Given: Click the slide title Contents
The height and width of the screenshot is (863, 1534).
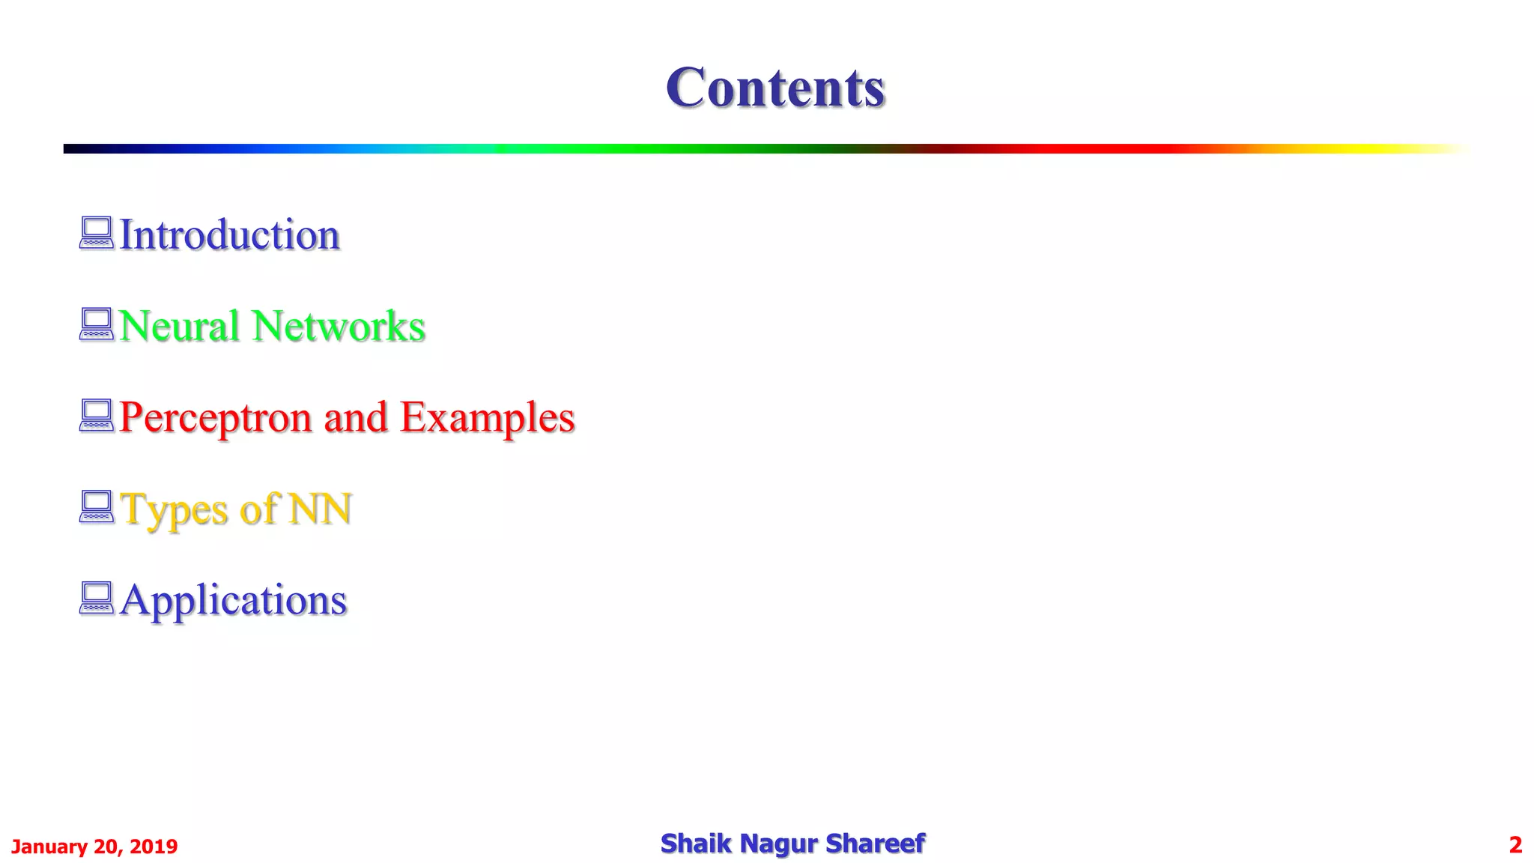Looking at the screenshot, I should [x=775, y=88].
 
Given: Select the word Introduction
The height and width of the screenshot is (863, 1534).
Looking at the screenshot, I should [x=229, y=234].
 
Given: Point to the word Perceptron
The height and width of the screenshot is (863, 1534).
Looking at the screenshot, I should [x=215, y=417].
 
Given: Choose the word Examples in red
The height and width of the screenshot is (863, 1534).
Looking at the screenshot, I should [x=487, y=417].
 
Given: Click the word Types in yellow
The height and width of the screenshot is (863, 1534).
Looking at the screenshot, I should [x=174, y=509].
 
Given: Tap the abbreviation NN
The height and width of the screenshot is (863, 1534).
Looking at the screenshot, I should [x=320, y=509].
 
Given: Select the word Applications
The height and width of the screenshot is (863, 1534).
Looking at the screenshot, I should [x=233, y=600].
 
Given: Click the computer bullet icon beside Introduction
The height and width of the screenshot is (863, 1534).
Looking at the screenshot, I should [x=97, y=233].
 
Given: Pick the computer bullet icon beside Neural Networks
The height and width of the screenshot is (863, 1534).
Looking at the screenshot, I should [x=97, y=324].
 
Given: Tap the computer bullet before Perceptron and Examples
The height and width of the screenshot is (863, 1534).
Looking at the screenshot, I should [x=97, y=416].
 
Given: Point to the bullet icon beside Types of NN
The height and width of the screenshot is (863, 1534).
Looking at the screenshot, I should [x=97, y=507].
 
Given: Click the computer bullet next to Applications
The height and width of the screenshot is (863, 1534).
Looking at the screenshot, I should [x=97, y=599].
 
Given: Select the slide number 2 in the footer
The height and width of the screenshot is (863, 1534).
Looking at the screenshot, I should [x=1515, y=845].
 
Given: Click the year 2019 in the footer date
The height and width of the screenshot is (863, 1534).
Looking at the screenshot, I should [x=154, y=847].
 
